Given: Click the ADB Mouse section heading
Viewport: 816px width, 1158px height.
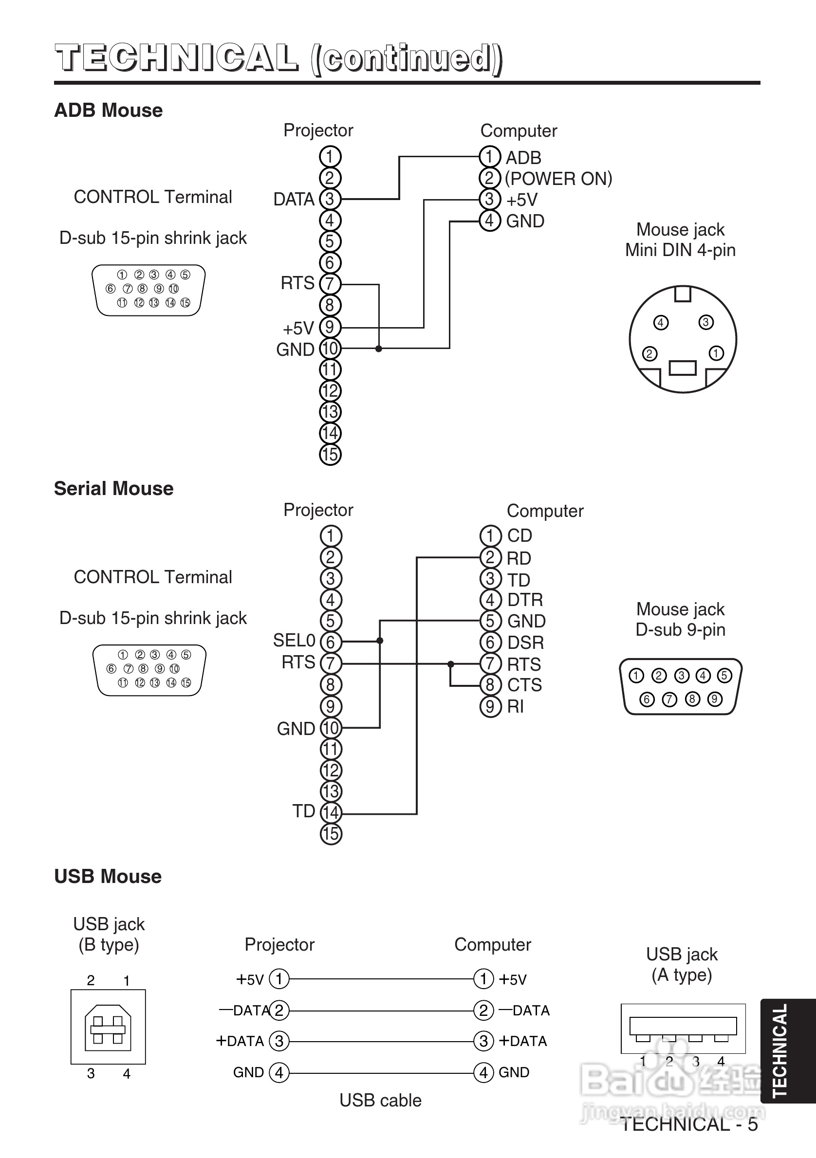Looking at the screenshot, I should pyautogui.click(x=108, y=110).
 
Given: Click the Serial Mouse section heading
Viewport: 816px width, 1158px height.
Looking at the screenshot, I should pyautogui.click(x=113, y=489).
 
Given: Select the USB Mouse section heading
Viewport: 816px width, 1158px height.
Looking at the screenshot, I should pyautogui.click(x=108, y=877).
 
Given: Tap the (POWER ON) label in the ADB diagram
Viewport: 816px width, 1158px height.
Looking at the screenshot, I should pyautogui.click(x=558, y=179).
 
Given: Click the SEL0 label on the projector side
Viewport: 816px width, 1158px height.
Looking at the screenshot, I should pyautogui.click(x=294, y=641).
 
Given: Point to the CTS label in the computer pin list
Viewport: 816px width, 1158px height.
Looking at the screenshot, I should pyautogui.click(x=524, y=685).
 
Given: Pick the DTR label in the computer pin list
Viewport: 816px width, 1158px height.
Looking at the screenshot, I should pyautogui.click(x=525, y=600).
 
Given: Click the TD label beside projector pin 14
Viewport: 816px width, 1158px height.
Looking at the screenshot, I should pyautogui.click(x=304, y=811).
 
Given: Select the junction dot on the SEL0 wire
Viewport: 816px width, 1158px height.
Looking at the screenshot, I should pyautogui.click(x=380, y=641).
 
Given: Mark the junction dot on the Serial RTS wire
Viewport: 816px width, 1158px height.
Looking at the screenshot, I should pyautogui.click(x=451, y=664).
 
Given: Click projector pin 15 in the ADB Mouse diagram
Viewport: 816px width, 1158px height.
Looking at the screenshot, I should pyautogui.click(x=330, y=455).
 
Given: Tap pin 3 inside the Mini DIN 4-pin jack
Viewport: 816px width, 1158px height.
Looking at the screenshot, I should pyautogui.click(x=705, y=322).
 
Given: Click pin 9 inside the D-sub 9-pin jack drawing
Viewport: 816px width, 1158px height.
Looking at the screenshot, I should pyautogui.click(x=715, y=699).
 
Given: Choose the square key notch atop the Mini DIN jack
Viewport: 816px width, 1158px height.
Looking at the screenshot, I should pyautogui.click(x=683, y=294).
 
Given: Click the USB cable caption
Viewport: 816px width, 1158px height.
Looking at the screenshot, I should pyautogui.click(x=380, y=1101).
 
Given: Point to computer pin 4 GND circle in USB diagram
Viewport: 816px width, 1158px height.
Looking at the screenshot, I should pyautogui.click(x=483, y=1072).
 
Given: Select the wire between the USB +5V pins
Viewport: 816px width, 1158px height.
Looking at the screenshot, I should pyautogui.click(x=381, y=979).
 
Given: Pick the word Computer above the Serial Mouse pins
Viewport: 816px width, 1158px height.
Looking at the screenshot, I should pyautogui.click(x=545, y=511).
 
